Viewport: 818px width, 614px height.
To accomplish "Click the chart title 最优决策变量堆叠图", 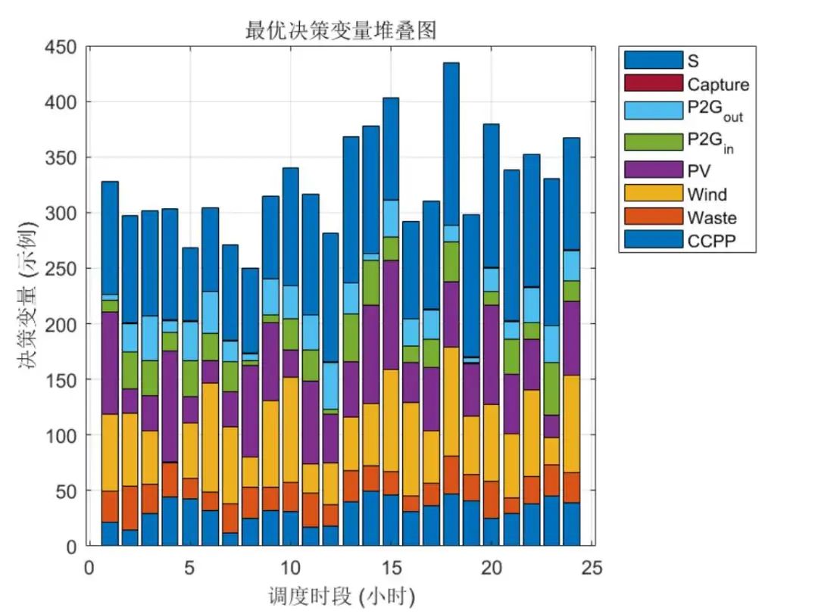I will pyautogui.click(x=341, y=31).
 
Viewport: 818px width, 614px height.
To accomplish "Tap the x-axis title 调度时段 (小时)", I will pyautogui.click(x=341, y=595).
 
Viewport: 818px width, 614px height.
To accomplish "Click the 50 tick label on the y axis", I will pyautogui.click(x=66, y=491).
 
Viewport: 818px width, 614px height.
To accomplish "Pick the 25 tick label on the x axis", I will pyautogui.click(x=592, y=567).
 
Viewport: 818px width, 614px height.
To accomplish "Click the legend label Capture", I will pyautogui.click(x=717, y=84).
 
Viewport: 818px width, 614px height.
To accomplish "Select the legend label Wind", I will pyautogui.click(x=706, y=195).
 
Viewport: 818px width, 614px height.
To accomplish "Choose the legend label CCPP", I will pyautogui.click(x=710, y=242).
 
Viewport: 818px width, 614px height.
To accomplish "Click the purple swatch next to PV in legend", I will pyautogui.click(x=653, y=169).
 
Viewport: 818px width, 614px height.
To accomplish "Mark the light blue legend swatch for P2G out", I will pyautogui.click(x=653, y=111).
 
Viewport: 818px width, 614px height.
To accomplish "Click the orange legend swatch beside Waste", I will pyautogui.click(x=653, y=217).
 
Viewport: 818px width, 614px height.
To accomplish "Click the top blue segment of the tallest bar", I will pyautogui.click(x=451, y=144).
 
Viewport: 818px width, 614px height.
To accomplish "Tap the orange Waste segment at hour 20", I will pyautogui.click(x=492, y=500).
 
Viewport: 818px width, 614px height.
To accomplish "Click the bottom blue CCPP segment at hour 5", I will pyautogui.click(x=190, y=522).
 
